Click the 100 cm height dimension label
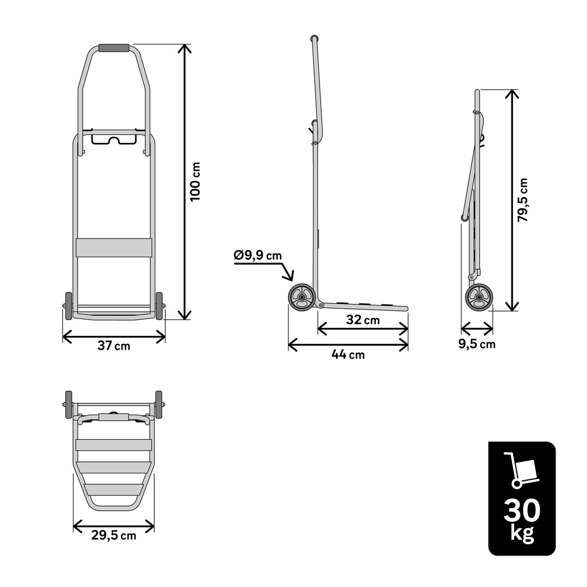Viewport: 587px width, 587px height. [195, 182]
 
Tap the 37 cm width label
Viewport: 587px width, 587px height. [114, 346]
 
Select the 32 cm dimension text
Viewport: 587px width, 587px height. [363, 320]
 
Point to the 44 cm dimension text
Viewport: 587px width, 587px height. [348, 354]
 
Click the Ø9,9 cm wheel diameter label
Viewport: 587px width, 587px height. [258, 255]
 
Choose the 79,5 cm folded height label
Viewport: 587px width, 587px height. [522, 200]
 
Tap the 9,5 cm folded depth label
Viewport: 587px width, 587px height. [477, 344]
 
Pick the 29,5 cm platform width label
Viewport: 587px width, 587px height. [114, 535]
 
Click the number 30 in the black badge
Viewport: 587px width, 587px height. [522, 510]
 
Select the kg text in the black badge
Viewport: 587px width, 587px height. [522, 533]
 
